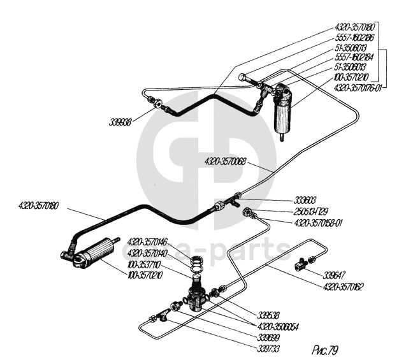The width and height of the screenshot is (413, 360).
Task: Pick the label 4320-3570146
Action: click(147, 241)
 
